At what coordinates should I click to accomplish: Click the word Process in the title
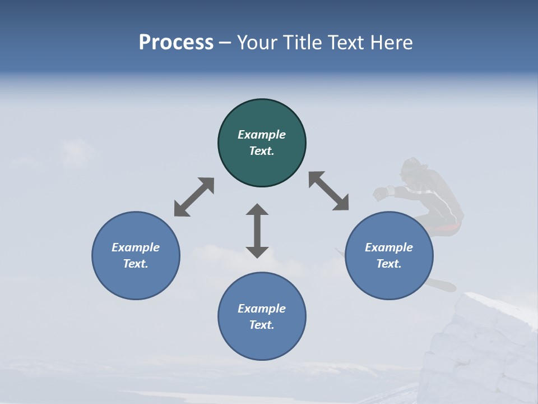tap(176, 43)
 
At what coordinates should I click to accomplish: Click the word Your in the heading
tap(258, 43)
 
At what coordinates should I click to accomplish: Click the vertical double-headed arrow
tap(257, 231)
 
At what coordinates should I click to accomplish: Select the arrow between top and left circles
tap(194, 197)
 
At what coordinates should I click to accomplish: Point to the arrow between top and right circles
tap(329, 191)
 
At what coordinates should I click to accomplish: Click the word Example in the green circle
tap(262, 135)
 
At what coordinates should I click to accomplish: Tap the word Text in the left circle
tap(136, 264)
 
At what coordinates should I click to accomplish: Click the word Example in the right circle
tap(389, 247)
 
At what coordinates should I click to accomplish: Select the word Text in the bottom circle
tap(262, 325)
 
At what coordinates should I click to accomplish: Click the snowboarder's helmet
tap(414, 167)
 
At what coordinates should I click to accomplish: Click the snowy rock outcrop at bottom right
tap(482, 348)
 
